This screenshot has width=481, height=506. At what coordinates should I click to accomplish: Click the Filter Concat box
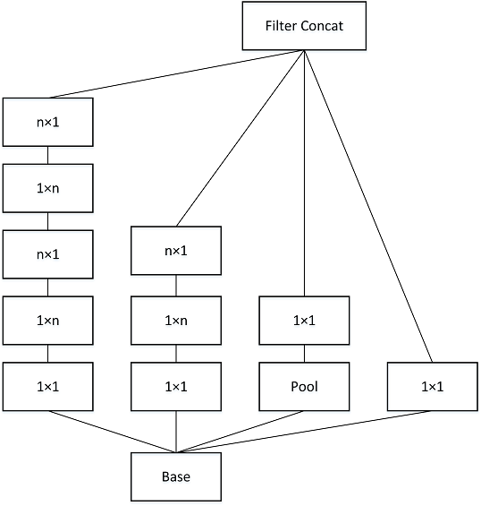(304, 26)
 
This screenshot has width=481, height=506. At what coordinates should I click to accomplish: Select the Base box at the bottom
(176, 476)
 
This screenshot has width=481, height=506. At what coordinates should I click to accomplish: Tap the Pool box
(304, 387)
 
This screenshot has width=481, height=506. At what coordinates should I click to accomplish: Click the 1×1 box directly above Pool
(304, 321)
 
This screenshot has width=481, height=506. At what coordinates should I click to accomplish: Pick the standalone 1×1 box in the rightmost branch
(432, 387)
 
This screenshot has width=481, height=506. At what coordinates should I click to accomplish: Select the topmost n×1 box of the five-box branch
(47, 122)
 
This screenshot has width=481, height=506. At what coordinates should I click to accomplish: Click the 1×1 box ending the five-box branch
(47, 387)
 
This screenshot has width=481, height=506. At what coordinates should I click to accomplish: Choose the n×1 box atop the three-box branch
(176, 251)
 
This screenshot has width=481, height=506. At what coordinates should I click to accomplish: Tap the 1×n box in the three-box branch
(176, 321)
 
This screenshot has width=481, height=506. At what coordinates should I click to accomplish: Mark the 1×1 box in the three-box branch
(176, 387)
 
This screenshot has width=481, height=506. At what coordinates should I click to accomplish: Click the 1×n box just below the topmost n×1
(47, 188)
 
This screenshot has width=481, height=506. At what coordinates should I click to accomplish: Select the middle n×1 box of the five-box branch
(47, 254)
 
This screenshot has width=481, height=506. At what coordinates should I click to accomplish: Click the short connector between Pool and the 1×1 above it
(304, 354)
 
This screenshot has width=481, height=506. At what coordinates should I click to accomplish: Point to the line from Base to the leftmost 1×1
(112, 433)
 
